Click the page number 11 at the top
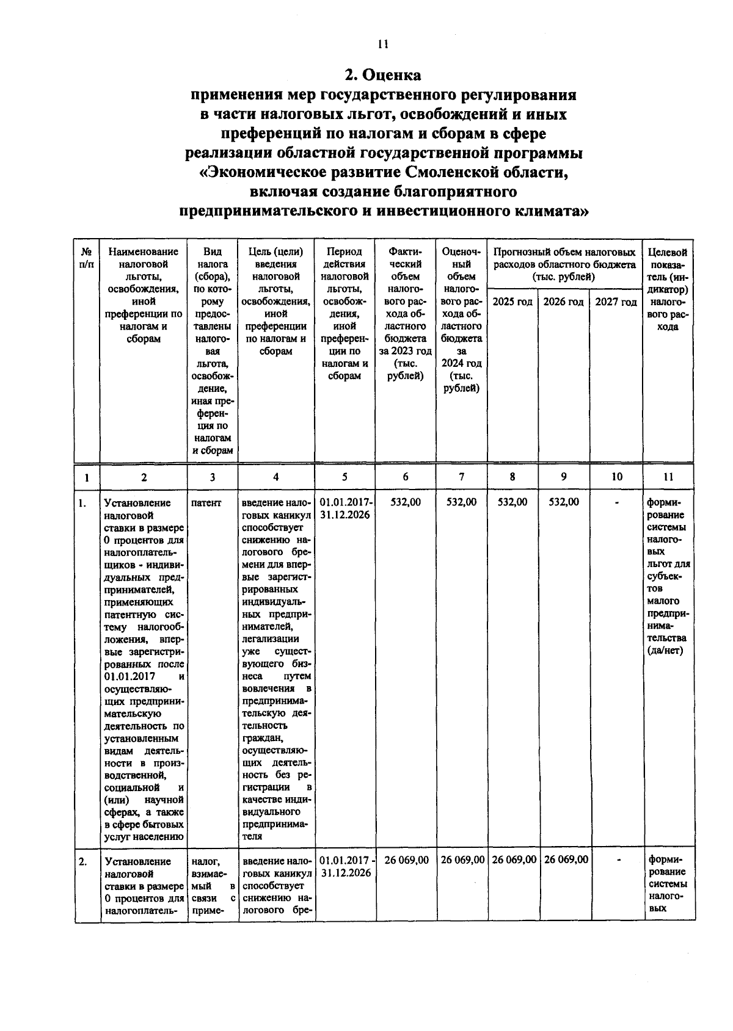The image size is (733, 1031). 383,44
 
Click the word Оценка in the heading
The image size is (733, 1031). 392,75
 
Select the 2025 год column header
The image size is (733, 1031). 512,302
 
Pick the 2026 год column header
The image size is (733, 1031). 563,302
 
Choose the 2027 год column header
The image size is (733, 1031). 616,302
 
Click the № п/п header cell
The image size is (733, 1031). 87,258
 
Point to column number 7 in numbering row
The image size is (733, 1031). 461,477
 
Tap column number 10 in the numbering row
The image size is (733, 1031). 616,477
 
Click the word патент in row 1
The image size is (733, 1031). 206,503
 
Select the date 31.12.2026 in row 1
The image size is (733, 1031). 345,515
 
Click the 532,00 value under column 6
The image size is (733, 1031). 406,502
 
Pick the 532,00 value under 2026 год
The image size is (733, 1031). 563,502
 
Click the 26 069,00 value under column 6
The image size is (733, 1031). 406,859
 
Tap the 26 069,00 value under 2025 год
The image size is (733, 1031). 514,859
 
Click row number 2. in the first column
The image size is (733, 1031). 82,861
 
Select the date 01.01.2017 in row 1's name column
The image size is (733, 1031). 129,676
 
